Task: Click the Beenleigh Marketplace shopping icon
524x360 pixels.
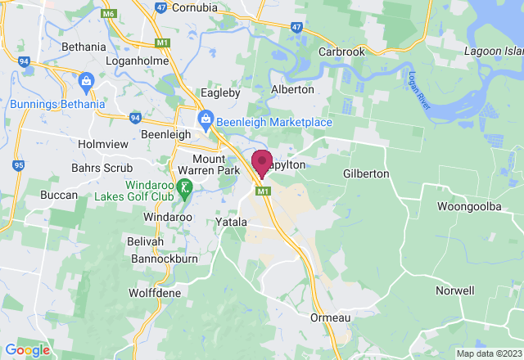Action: tap(206, 123)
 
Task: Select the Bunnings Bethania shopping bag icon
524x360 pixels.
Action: tap(85, 81)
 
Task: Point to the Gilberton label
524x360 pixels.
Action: tap(366, 174)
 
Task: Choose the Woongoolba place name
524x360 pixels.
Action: tap(469, 207)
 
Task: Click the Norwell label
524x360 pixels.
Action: tap(455, 290)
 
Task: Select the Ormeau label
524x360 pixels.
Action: tap(332, 317)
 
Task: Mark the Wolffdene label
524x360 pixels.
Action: tap(156, 292)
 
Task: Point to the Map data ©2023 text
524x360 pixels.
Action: tap(487, 353)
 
